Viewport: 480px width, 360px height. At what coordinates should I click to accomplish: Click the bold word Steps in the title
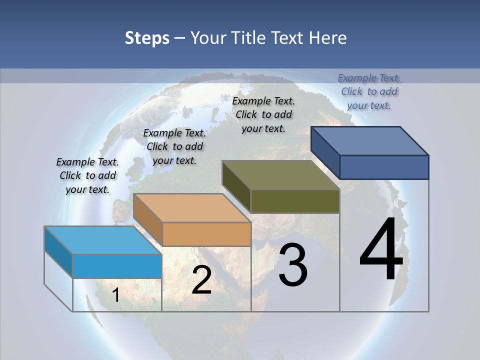tap(147, 38)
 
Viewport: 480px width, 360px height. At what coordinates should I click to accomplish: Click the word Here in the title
tap(327, 38)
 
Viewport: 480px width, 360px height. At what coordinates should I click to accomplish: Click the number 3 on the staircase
tap(293, 265)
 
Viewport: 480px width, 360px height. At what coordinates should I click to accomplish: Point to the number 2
tap(201, 280)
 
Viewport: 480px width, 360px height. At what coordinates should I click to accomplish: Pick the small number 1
tap(116, 295)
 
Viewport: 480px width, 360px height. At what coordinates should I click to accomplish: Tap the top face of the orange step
tap(192, 208)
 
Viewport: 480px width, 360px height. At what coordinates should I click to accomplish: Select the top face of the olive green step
tap(280, 175)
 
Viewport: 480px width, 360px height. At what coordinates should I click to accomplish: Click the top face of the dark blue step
tap(369, 140)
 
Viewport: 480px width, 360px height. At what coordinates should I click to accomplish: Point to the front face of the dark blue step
tap(384, 167)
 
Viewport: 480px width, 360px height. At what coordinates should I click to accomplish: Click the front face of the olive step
tap(295, 201)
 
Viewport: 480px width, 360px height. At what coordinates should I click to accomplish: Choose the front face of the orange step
tap(206, 234)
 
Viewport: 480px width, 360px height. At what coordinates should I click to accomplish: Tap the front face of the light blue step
tap(117, 266)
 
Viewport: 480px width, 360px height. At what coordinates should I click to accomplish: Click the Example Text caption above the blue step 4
tap(369, 91)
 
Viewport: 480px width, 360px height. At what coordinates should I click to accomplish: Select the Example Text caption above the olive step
tap(263, 114)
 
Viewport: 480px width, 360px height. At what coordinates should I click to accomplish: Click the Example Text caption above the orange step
tap(174, 146)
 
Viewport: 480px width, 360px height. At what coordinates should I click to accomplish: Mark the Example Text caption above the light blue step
tap(87, 175)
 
